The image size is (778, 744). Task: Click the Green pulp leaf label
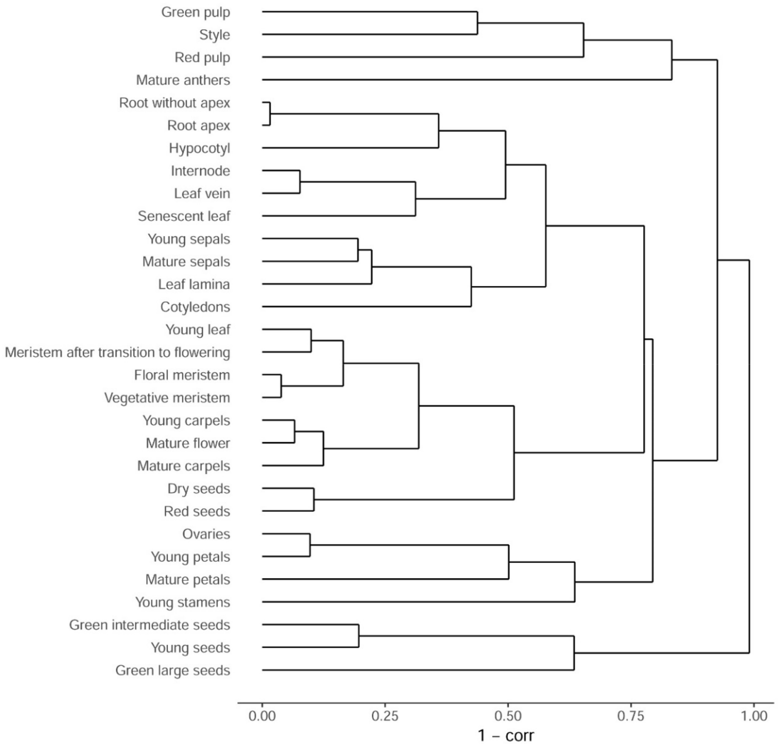coord(195,12)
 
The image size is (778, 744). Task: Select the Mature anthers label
coord(183,80)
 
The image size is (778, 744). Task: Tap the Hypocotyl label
coord(199,148)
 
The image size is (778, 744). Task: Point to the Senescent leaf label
coord(184,216)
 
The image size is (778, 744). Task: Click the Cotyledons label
coord(195,307)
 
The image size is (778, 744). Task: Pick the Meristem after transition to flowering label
coord(117,352)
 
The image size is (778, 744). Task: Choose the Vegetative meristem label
coord(167,398)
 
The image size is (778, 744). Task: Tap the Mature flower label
coord(188,443)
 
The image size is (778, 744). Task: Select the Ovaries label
coord(206,534)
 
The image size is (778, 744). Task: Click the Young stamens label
coord(183,602)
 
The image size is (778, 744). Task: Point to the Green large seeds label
coord(173,670)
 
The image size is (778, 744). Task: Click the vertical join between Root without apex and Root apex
coord(270,114)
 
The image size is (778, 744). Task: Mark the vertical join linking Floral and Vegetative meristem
coord(281,386)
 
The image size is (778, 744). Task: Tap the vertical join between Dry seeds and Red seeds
coord(314,500)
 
